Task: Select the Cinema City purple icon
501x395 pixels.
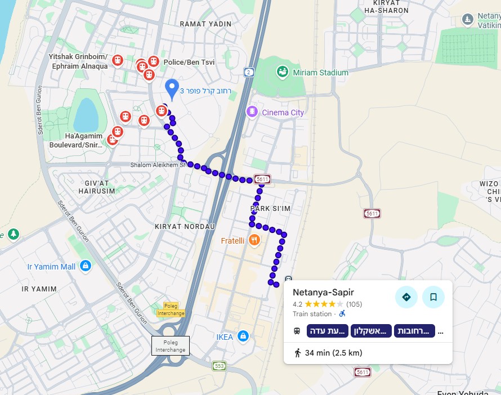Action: pos(252,112)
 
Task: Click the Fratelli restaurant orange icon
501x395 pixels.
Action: pos(254,240)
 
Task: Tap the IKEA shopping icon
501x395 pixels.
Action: pos(243,336)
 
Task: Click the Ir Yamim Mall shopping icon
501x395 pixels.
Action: pos(85,266)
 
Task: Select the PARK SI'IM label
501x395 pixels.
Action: pos(270,209)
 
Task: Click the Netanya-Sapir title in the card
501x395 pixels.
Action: pos(323,293)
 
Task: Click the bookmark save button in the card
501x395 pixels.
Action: pos(433,297)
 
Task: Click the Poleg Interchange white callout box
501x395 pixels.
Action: pos(171,345)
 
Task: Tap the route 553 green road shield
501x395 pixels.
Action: pos(219,366)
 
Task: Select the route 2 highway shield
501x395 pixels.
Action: pos(248,72)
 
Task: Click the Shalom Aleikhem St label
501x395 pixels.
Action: pos(157,165)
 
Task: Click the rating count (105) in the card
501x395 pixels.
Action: pos(354,304)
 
